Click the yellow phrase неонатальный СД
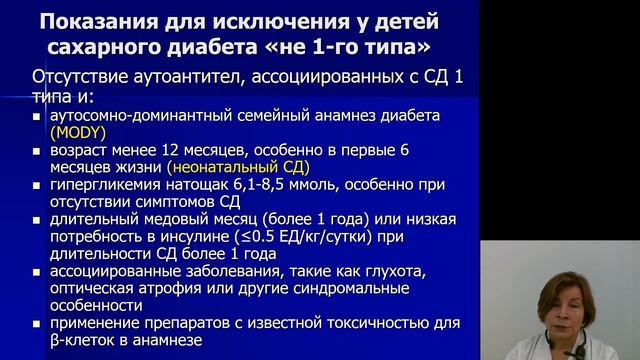(238, 167)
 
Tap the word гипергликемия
(92, 185)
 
